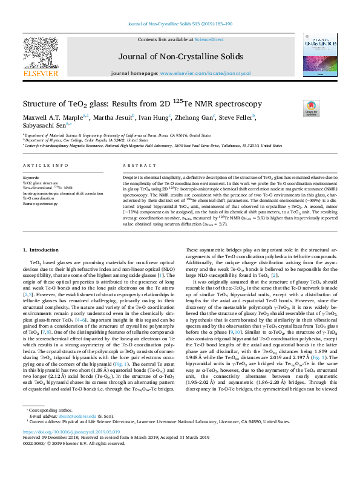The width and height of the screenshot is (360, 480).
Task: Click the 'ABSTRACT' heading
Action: click(x=136, y=166)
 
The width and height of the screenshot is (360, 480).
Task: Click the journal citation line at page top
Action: click(x=180, y=25)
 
